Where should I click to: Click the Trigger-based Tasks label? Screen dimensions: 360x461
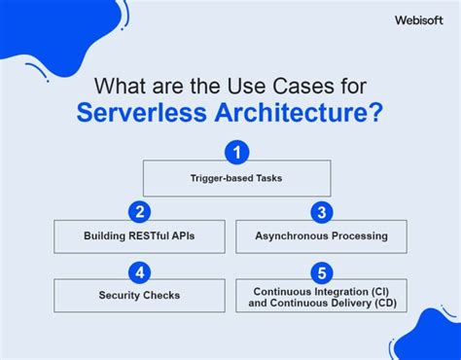click(237, 179)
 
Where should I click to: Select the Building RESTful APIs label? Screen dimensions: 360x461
click(139, 236)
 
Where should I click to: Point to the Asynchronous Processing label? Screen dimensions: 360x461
click(321, 236)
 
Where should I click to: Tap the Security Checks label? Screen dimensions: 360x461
click(139, 296)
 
